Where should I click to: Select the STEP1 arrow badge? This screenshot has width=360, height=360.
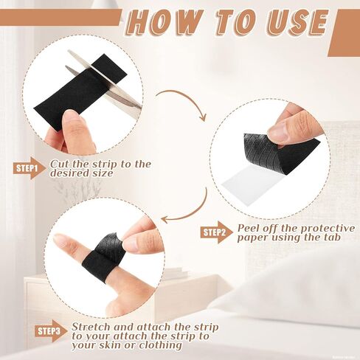click(27, 169)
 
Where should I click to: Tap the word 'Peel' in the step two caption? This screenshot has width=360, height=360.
click(251, 228)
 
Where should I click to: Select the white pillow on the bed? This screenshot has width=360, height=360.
click(295, 288)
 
